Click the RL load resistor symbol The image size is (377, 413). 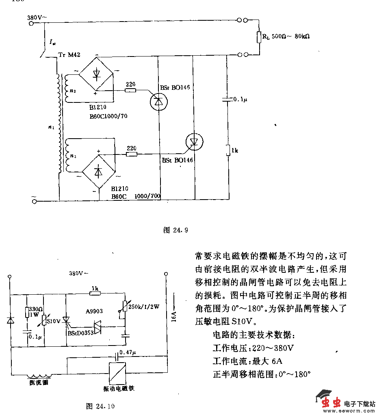tap(258, 37)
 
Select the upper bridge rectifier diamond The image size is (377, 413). tap(96, 74)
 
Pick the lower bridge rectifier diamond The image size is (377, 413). tap(98, 172)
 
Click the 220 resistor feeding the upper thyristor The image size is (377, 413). tap(130, 90)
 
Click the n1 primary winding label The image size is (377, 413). tap(51, 128)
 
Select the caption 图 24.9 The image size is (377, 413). tap(175, 230)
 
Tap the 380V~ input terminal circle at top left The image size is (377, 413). tap(31, 24)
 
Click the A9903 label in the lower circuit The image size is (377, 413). tap(94, 311)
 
